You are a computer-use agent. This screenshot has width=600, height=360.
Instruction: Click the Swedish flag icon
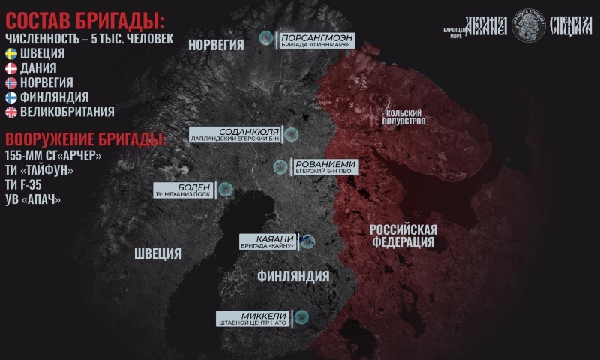coord(11,54)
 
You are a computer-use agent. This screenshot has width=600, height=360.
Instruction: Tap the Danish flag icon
coord(11,68)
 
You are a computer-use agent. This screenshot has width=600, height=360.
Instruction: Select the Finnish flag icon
coord(11,97)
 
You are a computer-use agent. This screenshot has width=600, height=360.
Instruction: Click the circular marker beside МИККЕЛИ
coord(301,317)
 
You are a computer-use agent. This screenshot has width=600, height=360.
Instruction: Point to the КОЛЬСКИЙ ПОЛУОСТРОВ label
coord(406,115)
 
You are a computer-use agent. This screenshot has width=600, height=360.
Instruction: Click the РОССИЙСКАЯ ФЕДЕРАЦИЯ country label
coord(403,235)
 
